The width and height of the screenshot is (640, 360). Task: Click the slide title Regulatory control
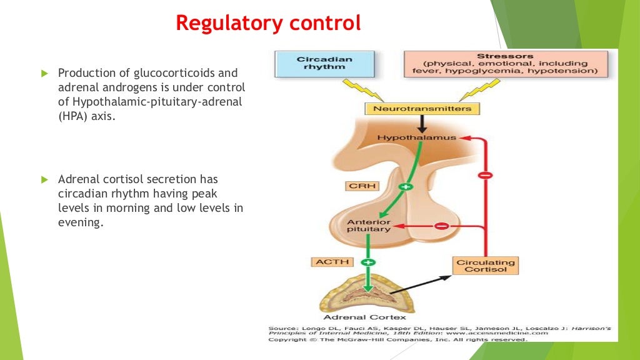268,23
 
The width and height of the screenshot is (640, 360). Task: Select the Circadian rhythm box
324,64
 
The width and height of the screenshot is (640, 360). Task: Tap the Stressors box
505,64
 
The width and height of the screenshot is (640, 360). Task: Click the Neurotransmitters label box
422,109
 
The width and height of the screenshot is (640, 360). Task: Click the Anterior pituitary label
369,226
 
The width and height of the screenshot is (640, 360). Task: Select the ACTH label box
332,262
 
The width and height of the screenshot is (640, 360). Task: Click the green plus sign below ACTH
367,262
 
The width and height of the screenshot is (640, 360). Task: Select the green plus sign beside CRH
406,186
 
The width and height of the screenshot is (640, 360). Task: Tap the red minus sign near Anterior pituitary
441,226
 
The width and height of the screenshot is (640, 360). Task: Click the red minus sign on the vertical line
484,175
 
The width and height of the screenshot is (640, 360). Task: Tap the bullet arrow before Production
44,74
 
